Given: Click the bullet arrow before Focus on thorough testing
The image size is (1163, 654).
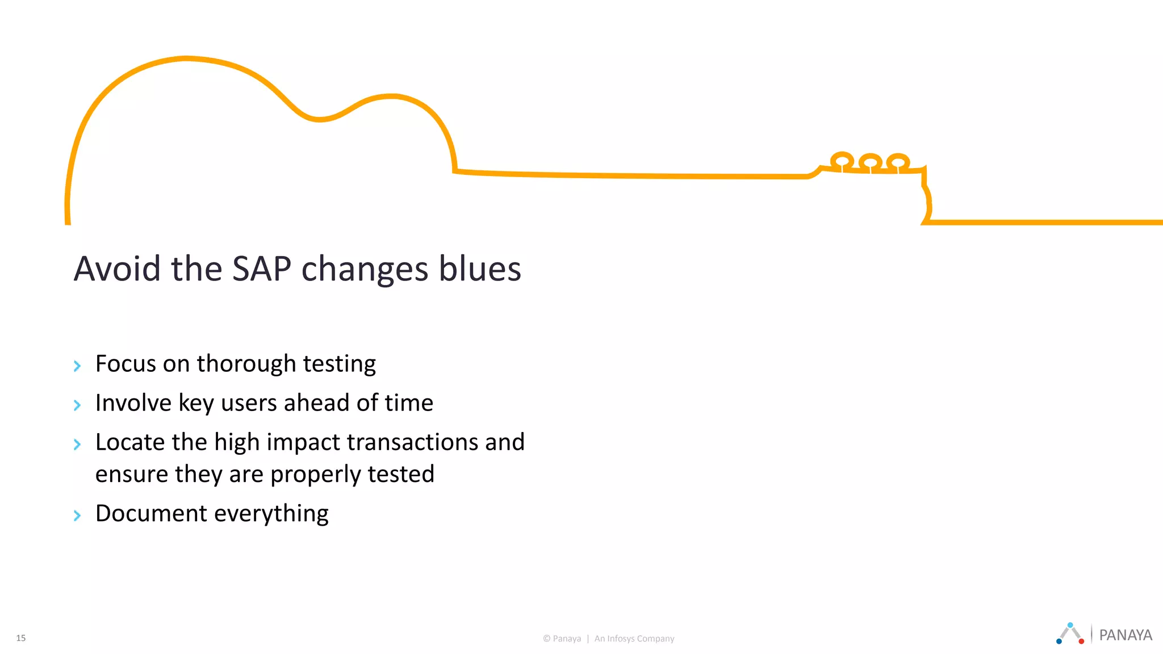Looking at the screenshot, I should click(77, 366).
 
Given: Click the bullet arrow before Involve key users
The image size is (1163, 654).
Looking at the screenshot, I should click(77, 405).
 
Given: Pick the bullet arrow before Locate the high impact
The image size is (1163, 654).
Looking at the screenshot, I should click(77, 444).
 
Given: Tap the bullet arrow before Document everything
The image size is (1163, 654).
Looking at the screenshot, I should click(77, 515).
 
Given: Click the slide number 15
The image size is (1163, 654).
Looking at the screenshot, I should click(21, 638).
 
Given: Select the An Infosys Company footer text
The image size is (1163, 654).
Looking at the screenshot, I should click(634, 639).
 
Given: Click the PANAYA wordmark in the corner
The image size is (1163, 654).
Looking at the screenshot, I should click(1126, 635).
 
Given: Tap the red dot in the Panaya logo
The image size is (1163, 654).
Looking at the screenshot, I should click(1081, 642).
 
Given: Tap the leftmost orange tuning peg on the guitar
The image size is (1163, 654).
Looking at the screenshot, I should click(842, 160).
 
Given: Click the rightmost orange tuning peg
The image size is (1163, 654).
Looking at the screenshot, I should click(898, 162).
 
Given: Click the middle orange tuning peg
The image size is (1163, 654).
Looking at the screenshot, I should click(870, 162).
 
